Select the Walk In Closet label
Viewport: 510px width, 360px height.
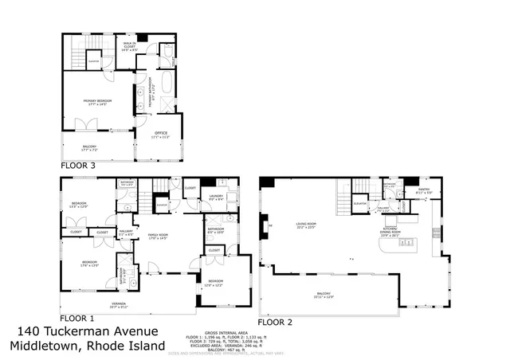tap(127, 47)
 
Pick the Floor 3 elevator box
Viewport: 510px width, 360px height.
tap(92, 61)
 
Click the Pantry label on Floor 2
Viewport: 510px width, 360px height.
tap(423, 191)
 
